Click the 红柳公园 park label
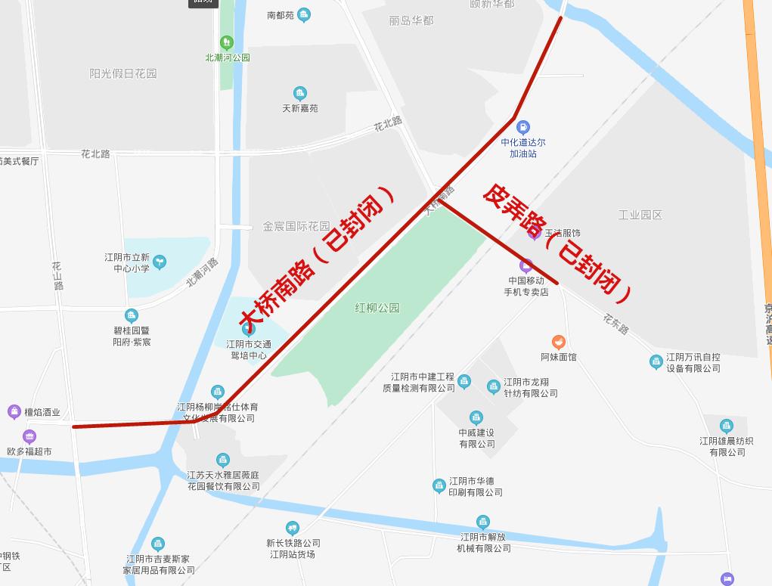coord(377,308)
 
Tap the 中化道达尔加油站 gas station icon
coord(522,128)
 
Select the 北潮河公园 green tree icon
coord(226,42)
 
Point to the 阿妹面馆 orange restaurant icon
coord(558,342)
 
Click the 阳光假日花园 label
coord(123,73)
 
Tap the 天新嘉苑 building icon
coord(300,94)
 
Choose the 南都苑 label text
coord(281,15)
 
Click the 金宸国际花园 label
coord(296,226)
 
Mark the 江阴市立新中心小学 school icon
coord(160,262)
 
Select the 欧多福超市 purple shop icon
coord(29,436)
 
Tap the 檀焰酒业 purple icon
coord(14,412)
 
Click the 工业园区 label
coord(640,215)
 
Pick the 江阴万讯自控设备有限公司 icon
coord(656,362)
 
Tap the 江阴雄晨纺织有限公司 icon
coord(727,426)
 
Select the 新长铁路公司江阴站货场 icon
coord(293,528)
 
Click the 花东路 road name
coord(616,324)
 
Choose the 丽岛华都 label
coord(411,20)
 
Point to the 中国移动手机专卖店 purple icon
coord(526,265)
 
